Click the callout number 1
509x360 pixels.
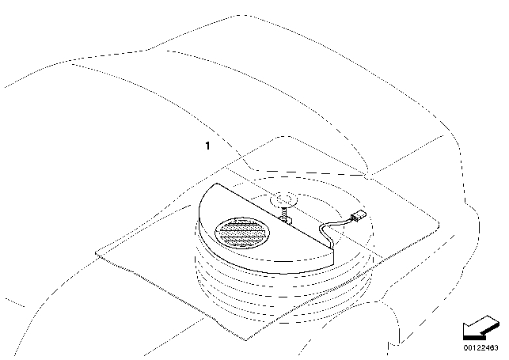(x=207, y=146)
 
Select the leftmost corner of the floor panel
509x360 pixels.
(x=95, y=255)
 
